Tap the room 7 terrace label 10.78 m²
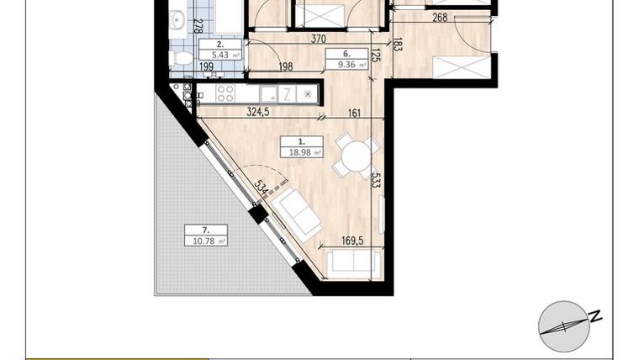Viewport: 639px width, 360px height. coord(206,236)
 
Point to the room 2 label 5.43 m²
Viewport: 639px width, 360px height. coord(219,50)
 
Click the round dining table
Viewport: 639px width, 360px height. coord(356,156)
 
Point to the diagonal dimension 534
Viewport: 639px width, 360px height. coord(261,188)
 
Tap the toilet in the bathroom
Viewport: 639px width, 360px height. coord(180,58)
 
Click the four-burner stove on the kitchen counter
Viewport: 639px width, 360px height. coord(226,93)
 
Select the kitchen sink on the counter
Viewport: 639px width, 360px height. coord(267,93)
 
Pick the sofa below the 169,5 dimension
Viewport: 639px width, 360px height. coord(351,263)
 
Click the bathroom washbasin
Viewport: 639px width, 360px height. coord(177,19)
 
